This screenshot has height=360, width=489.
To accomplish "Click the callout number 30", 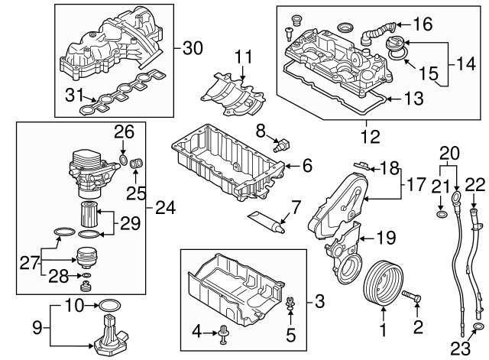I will [193, 48].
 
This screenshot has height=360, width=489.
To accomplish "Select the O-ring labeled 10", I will [106, 308].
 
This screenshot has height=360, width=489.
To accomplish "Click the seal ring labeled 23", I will [478, 329].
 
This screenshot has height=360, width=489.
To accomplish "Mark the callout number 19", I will [384, 238].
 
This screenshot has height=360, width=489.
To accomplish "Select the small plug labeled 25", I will [138, 163].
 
